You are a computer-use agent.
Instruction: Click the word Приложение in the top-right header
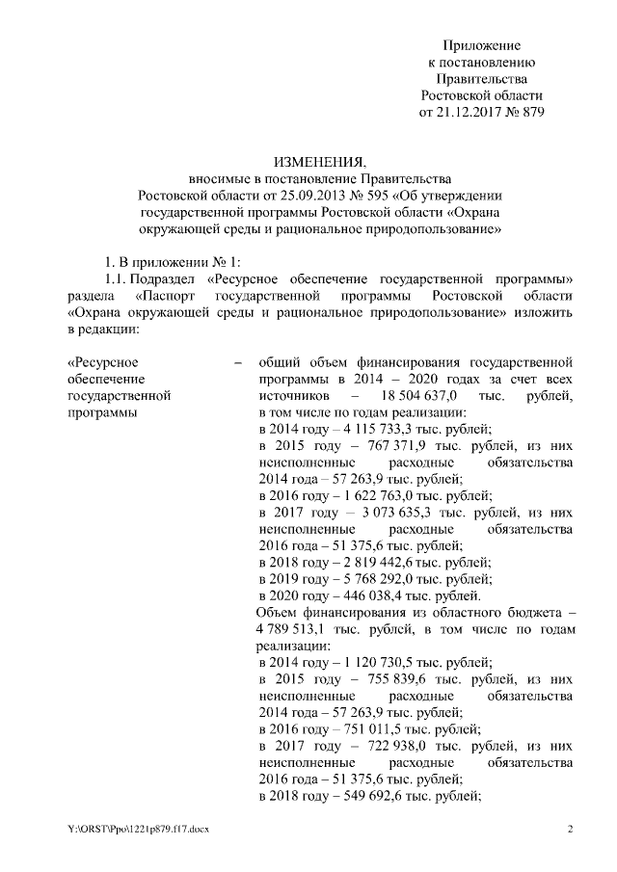click(x=482, y=45)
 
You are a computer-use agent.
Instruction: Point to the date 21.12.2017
click(x=469, y=111)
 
